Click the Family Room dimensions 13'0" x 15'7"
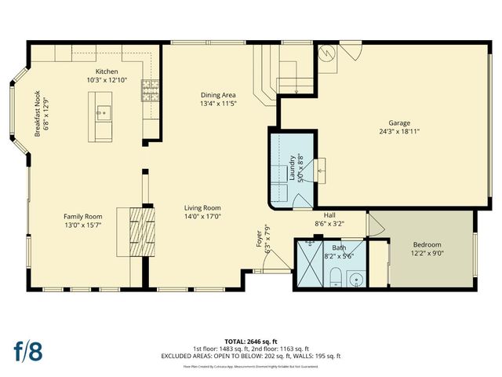[x=83, y=225]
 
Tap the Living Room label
[x=202, y=207]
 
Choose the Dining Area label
[x=219, y=93]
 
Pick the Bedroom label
[x=427, y=244]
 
